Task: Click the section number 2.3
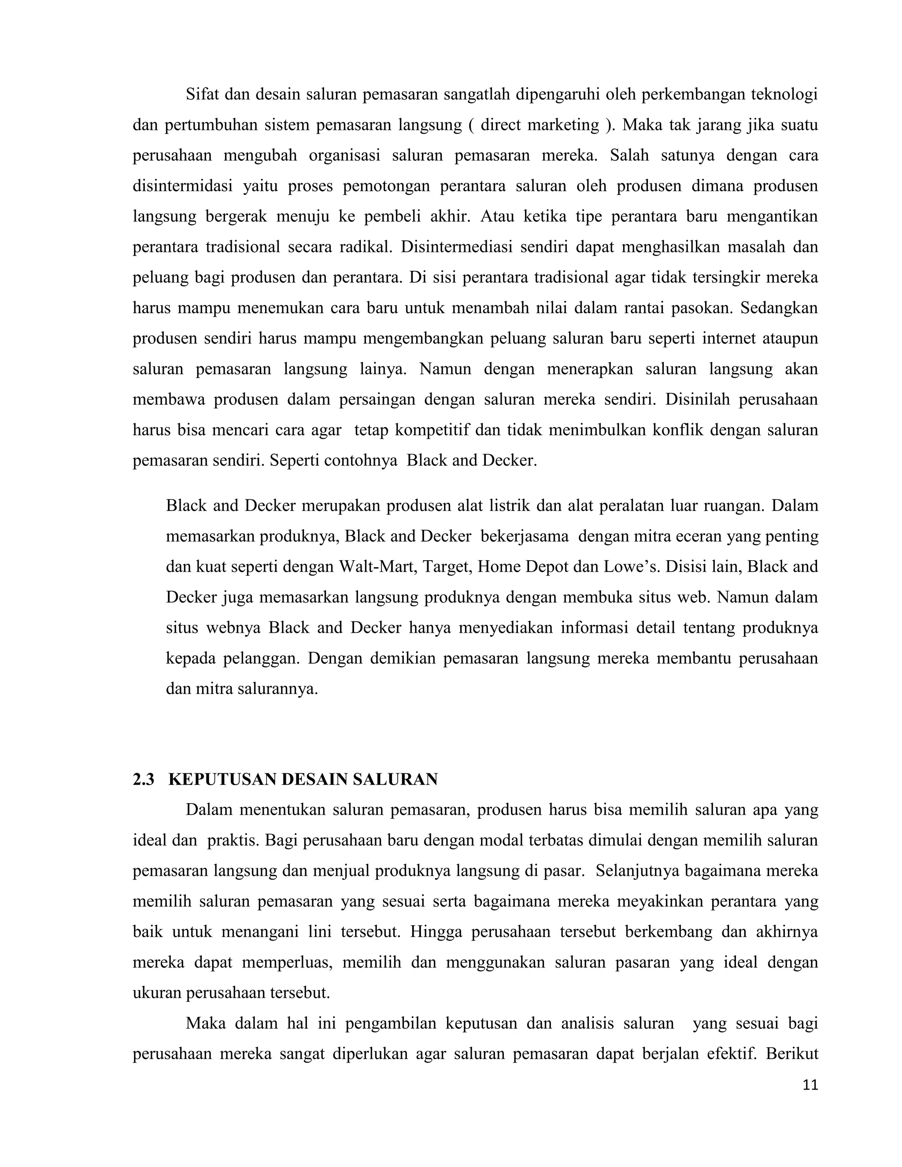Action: point(143,779)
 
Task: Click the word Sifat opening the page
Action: point(202,95)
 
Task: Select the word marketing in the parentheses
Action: point(563,125)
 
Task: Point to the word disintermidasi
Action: point(182,186)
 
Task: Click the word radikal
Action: point(366,247)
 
